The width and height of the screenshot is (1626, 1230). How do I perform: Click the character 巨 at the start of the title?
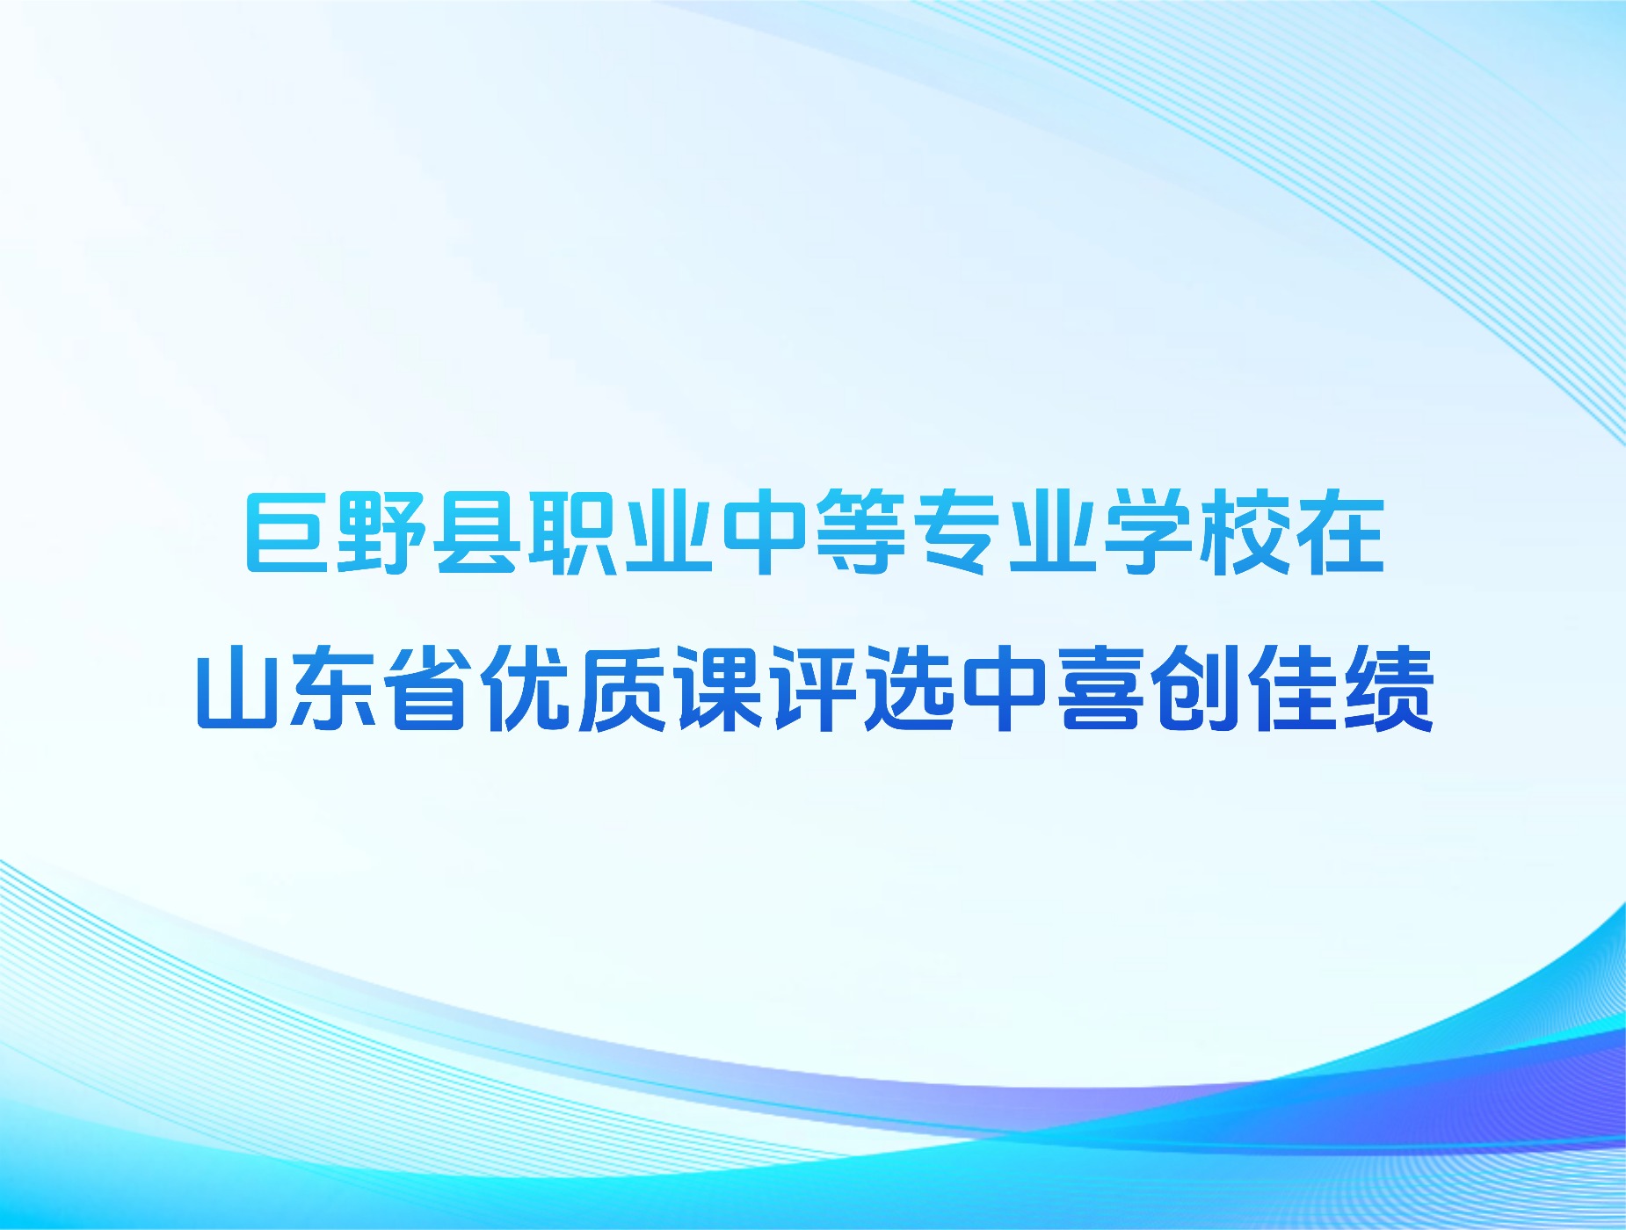[288, 532]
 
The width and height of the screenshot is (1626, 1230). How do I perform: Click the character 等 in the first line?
[860, 532]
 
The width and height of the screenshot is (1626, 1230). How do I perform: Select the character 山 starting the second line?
[240, 688]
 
